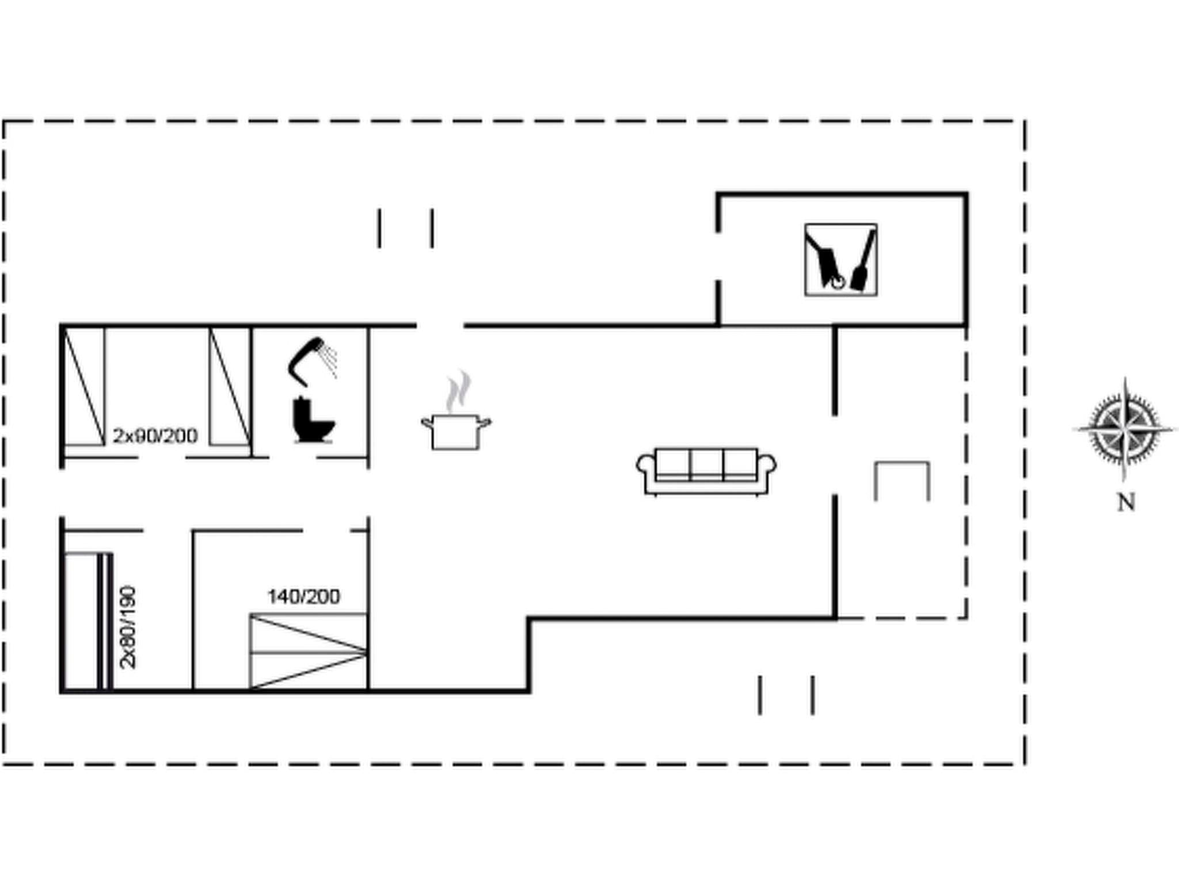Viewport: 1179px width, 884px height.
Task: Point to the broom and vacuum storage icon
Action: (x=840, y=260)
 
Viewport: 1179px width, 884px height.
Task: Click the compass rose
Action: (x=1124, y=429)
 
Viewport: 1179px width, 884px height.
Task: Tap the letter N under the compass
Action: (x=1126, y=502)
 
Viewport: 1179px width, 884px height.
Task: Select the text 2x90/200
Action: (x=155, y=436)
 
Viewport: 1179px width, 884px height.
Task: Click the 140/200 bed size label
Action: (x=303, y=596)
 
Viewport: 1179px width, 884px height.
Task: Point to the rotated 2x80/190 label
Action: (x=128, y=627)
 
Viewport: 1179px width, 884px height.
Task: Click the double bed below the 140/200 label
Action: (x=309, y=651)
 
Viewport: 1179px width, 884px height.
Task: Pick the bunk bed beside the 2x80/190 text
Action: (x=86, y=622)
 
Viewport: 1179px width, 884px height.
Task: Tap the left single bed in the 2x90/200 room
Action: (x=84, y=386)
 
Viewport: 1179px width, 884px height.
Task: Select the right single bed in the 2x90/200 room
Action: (x=230, y=386)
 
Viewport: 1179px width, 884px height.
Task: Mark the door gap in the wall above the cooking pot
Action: (x=440, y=326)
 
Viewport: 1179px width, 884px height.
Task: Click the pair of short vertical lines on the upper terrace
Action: (x=405, y=229)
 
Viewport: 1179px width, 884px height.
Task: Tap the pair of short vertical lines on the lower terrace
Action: (x=786, y=695)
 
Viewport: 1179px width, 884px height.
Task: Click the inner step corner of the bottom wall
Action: (x=529, y=620)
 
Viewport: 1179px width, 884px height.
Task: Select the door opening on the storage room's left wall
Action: (x=718, y=257)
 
